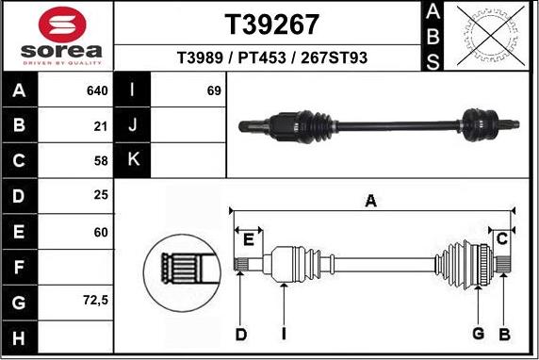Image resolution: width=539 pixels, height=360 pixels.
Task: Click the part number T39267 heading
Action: (x=271, y=23)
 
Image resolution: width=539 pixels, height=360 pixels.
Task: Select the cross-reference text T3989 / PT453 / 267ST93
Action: (x=271, y=58)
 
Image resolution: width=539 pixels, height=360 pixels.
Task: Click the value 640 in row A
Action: (x=98, y=91)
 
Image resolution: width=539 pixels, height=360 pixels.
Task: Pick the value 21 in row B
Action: (x=101, y=124)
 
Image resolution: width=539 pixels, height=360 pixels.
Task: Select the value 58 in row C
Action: (x=101, y=159)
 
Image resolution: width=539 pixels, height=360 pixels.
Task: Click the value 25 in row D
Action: (x=101, y=195)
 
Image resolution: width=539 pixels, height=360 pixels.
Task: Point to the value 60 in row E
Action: (x=101, y=230)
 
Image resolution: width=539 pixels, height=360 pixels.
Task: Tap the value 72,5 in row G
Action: (x=95, y=302)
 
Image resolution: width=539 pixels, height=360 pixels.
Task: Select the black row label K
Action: (x=132, y=159)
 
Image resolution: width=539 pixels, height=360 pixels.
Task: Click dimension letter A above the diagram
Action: (x=371, y=200)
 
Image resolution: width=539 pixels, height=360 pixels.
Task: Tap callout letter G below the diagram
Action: (x=479, y=334)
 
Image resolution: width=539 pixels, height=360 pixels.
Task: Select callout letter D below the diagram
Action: (x=240, y=334)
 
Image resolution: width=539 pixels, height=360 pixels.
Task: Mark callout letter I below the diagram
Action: (x=283, y=334)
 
